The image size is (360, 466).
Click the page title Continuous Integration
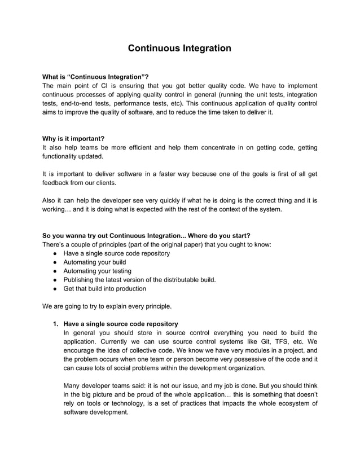pos(179,48)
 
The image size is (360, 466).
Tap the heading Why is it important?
pos(74,138)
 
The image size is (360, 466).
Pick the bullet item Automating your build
pos(94,262)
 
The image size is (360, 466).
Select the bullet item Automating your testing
pos(97,271)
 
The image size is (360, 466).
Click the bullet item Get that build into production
pos(104,288)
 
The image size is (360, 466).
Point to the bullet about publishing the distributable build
pos(139,280)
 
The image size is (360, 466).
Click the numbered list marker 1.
pos(55,324)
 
